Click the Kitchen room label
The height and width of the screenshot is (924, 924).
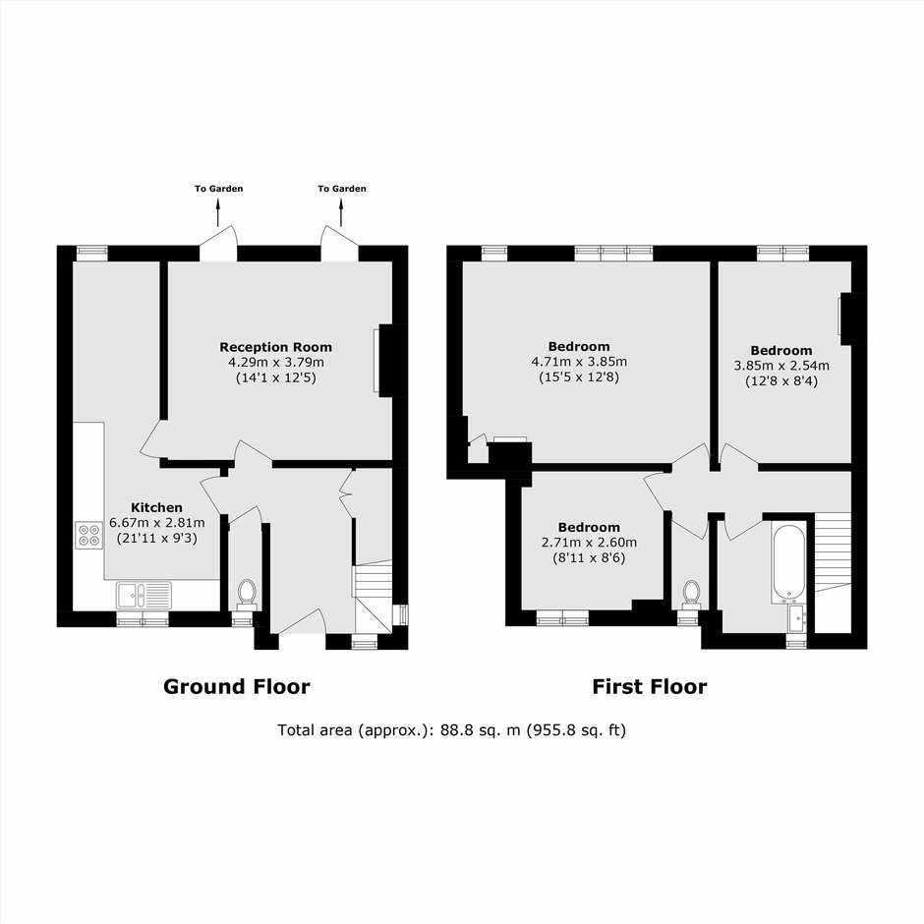(156, 507)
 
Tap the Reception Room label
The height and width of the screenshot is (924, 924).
(276, 347)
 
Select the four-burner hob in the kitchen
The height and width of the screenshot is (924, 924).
(89, 535)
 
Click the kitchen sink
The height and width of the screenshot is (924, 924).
(144, 595)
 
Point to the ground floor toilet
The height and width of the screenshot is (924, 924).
(247, 594)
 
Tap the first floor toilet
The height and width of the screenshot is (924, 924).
(691, 594)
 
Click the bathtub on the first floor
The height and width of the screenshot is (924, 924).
(788, 561)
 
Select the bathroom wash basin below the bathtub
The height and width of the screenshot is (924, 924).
(797, 618)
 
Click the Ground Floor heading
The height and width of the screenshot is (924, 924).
(236, 686)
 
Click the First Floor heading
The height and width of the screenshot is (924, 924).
(650, 686)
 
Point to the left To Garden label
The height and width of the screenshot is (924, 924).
(218, 189)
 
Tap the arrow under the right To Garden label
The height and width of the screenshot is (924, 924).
(341, 212)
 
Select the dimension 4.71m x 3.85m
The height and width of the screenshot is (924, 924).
(579, 361)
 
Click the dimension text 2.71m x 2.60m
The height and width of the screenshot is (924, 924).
(589, 543)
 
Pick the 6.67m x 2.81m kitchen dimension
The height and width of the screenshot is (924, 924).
(157, 522)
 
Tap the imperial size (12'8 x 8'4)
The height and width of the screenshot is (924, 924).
(781, 380)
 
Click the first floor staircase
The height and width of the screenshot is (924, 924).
(834, 552)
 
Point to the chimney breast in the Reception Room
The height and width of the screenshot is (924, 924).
(386, 360)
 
